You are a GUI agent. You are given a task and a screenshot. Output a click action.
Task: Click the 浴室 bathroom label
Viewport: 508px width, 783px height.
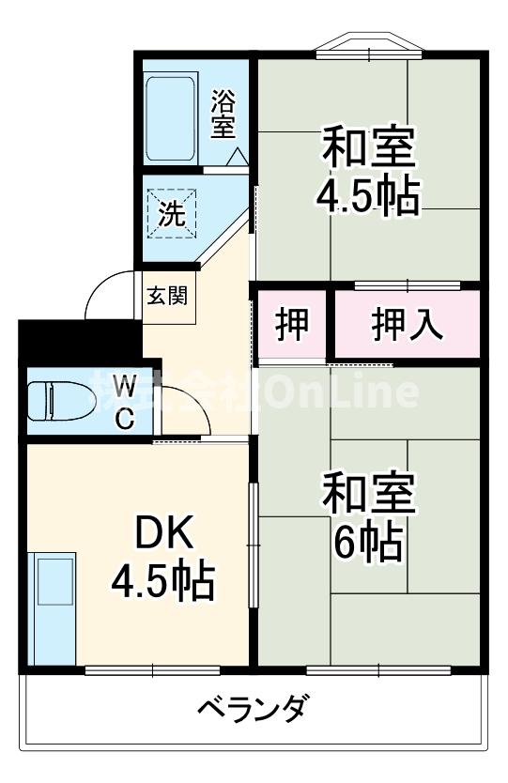223,113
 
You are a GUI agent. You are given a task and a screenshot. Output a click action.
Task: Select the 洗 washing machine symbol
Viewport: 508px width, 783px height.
172,212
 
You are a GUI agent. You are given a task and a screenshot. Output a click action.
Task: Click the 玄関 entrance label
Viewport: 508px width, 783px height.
165,295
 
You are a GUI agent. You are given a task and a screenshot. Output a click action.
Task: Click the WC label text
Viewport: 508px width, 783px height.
125,402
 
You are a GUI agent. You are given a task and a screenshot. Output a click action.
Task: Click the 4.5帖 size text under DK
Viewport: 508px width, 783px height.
163,582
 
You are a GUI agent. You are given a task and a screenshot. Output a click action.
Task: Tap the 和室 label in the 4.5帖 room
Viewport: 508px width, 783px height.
369,147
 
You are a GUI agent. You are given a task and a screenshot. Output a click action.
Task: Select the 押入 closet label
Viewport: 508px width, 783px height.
406,325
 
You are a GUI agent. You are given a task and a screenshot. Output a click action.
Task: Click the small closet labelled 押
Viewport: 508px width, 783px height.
290,325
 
